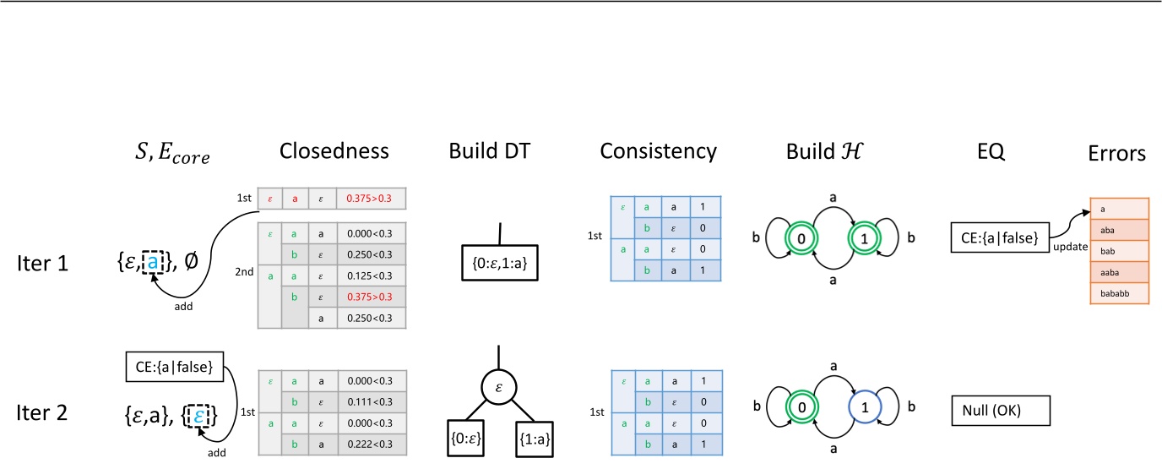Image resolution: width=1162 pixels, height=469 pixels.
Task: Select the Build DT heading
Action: [x=502, y=151]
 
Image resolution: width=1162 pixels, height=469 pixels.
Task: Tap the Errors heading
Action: [x=1117, y=153]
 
